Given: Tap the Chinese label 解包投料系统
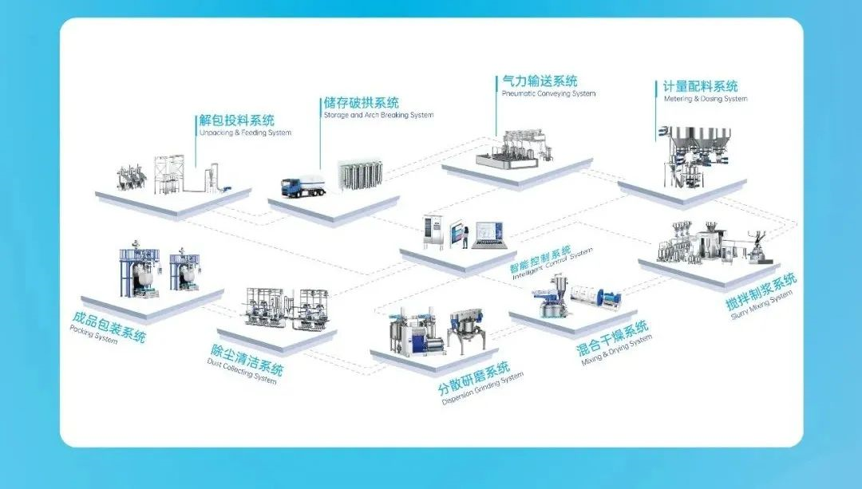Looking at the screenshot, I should click(x=236, y=120).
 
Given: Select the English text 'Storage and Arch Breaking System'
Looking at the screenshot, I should click(x=378, y=115).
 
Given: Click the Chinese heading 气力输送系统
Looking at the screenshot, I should click(x=539, y=81).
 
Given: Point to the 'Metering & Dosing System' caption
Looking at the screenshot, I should click(x=706, y=100).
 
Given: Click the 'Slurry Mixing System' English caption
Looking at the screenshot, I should click(x=762, y=306).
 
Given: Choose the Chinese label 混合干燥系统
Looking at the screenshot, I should click(x=612, y=341).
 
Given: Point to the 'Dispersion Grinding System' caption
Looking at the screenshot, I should click(x=482, y=388).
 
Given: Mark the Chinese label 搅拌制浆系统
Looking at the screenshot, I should click(x=749, y=293).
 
